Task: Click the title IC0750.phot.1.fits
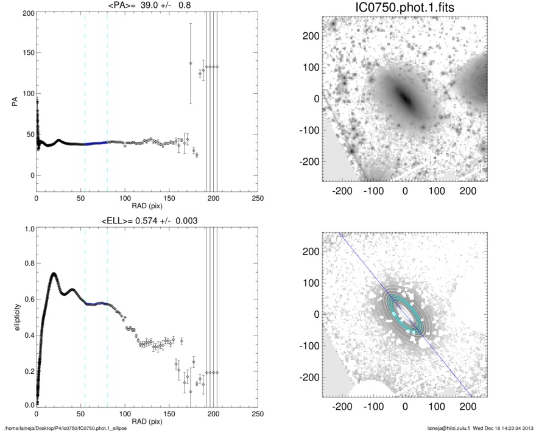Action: click(x=405, y=8)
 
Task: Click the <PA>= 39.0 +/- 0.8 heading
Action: click(x=146, y=5)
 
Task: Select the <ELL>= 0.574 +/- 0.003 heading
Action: click(x=146, y=220)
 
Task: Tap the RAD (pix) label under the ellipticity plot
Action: click(x=146, y=421)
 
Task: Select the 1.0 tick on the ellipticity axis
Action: click(x=28, y=229)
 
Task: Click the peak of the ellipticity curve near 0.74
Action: click(x=54, y=274)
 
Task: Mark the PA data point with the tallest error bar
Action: click(x=191, y=63)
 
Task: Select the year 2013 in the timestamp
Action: click(x=527, y=427)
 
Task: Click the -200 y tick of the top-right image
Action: click(x=312, y=161)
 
